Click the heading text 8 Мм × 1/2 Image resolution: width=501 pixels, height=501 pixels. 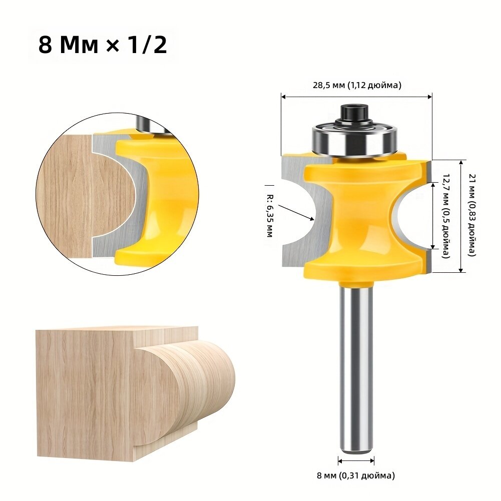pyautogui.click(x=103, y=45)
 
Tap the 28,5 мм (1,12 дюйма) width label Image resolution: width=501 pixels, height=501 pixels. pyautogui.click(x=357, y=85)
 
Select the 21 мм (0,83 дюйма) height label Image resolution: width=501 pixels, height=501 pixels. pyautogui.click(x=472, y=215)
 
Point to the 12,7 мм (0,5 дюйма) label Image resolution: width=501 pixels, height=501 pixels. pyautogui.click(x=446, y=216)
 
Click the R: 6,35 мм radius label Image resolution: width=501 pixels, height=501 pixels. pyautogui.click(x=270, y=216)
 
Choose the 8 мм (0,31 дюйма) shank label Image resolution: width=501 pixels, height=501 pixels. pyautogui.click(x=356, y=475)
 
